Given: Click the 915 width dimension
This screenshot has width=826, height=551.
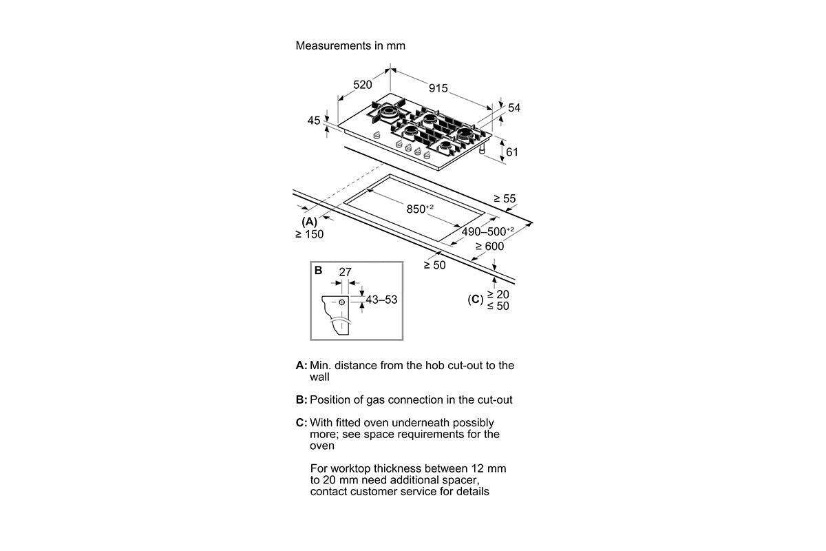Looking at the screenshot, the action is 438,88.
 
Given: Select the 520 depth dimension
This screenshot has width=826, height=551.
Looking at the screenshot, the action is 363,85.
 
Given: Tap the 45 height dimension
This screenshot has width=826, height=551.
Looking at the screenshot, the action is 314,121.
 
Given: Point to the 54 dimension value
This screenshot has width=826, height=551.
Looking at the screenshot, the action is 514,107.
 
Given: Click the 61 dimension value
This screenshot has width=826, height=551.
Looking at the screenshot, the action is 512,152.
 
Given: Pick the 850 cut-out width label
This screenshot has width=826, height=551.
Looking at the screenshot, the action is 420,209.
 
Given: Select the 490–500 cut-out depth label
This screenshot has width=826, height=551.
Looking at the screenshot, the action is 487,231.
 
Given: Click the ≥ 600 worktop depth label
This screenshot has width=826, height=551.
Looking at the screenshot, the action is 489,246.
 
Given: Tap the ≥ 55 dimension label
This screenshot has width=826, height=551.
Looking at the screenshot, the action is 505,198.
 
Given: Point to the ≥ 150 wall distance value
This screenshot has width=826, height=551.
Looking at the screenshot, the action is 309,234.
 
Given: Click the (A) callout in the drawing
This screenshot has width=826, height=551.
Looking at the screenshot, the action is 309,222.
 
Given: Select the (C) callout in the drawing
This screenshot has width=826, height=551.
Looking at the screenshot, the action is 476,300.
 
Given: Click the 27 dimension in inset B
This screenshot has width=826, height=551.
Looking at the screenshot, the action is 345,272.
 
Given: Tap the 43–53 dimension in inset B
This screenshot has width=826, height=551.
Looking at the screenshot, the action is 381,300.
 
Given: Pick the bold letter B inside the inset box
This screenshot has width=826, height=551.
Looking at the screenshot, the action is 318,271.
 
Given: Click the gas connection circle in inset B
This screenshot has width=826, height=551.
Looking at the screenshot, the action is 342,302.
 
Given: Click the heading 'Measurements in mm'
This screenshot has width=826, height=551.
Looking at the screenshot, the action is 350,45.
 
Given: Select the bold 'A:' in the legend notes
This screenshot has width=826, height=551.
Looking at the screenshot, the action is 301,365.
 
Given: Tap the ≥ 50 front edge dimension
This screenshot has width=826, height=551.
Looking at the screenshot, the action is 434,265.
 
